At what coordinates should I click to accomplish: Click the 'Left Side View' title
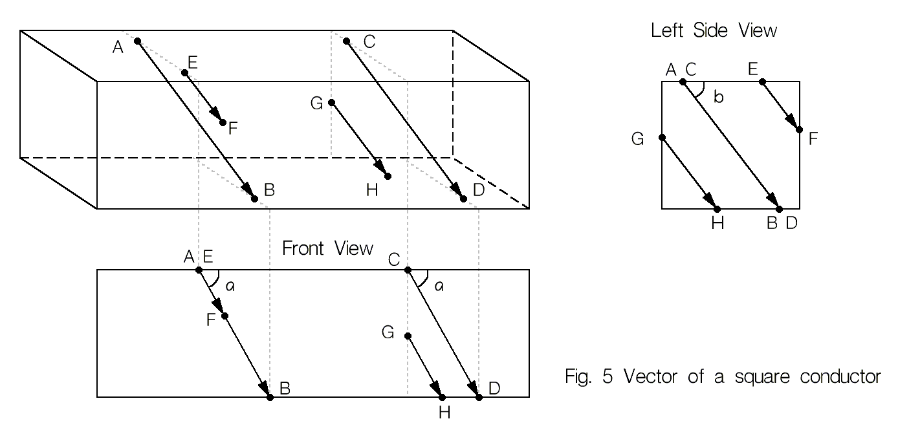coord(714,30)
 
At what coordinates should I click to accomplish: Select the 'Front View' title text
coord(327,248)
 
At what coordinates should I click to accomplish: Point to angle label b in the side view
coord(717,98)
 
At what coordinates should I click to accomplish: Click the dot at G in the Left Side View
coord(662,137)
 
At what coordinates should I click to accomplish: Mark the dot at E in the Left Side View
coord(762,81)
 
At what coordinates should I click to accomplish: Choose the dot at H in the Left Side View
coord(717,208)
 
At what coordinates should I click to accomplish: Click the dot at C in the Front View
coord(408,270)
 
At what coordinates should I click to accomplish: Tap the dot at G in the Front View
coord(408,336)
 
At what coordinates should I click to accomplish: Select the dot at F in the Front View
coord(225,316)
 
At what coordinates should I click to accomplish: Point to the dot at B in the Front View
coord(270,396)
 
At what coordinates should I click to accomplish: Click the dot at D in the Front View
coord(479,396)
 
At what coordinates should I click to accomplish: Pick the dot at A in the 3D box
coord(137,41)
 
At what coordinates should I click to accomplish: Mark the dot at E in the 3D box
coord(184,73)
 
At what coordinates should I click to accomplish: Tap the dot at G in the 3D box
coord(331,102)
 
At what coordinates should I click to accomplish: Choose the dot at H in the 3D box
coord(388,176)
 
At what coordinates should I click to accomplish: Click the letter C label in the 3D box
coord(369,42)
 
